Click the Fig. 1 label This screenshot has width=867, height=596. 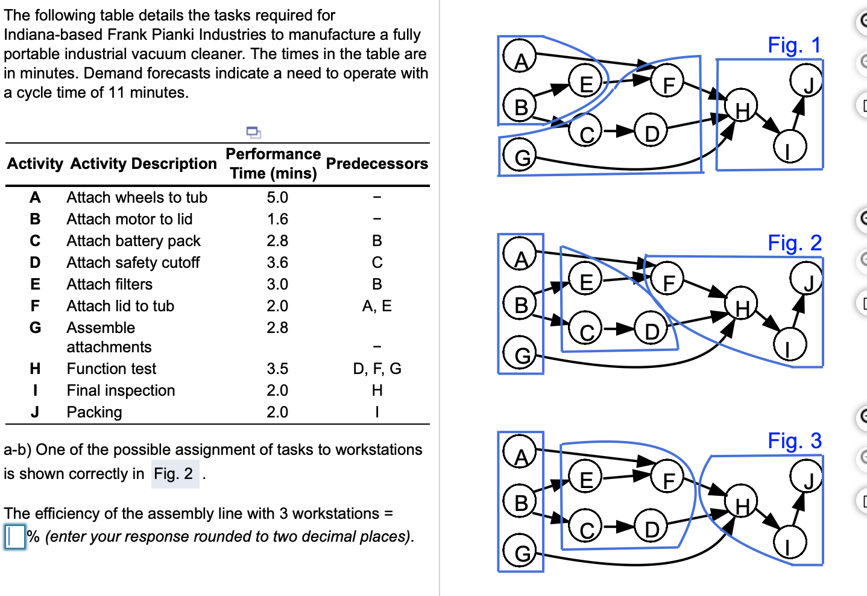click(x=793, y=45)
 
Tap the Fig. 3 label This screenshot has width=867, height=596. click(x=793, y=441)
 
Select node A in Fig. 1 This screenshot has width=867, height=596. click(x=520, y=58)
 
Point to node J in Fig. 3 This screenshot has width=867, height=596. click(x=808, y=479)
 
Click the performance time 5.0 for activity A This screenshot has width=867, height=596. click(x=277, y=197)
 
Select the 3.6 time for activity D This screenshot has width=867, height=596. click(x=277, y=262)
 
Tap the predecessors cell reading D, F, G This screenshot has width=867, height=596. click(x=377, y=369)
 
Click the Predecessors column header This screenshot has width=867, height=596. click(x=377, y=163)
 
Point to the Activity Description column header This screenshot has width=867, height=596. click(x=143, y=163)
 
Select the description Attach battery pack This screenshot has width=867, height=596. click(x=133, y=241)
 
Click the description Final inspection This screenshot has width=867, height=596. click(x=121, y=390)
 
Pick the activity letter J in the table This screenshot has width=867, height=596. click(x=35, y=412)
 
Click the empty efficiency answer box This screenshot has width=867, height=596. click(x=15, y=536)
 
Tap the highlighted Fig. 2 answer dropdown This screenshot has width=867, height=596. click(x=174, y=474)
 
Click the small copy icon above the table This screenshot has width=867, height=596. click(x=253, y=132)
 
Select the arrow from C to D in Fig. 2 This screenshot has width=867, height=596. click(x=617, y=329)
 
